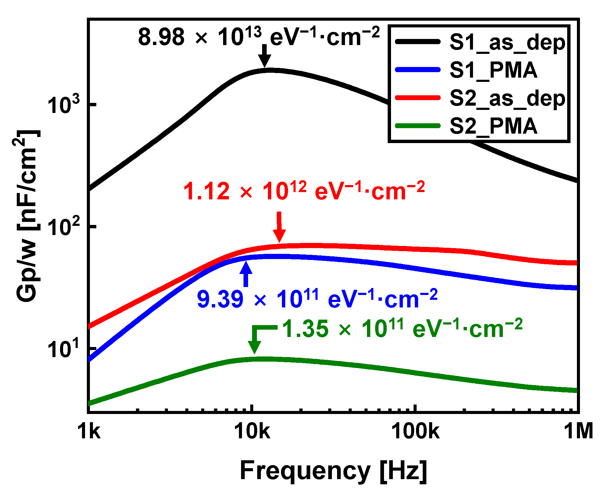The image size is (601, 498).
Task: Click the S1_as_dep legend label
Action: [507, 43]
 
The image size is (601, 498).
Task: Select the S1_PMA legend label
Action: [493, 70]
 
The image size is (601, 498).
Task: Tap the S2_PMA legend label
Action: [493, 126]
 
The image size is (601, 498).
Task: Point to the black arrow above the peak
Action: [265, 56]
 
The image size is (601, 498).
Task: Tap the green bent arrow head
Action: [254, 345]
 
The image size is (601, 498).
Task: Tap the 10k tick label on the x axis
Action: [252, 431]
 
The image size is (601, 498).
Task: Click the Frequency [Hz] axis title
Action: [333, 471]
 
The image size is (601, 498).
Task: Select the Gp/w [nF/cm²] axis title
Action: [27, 216]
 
